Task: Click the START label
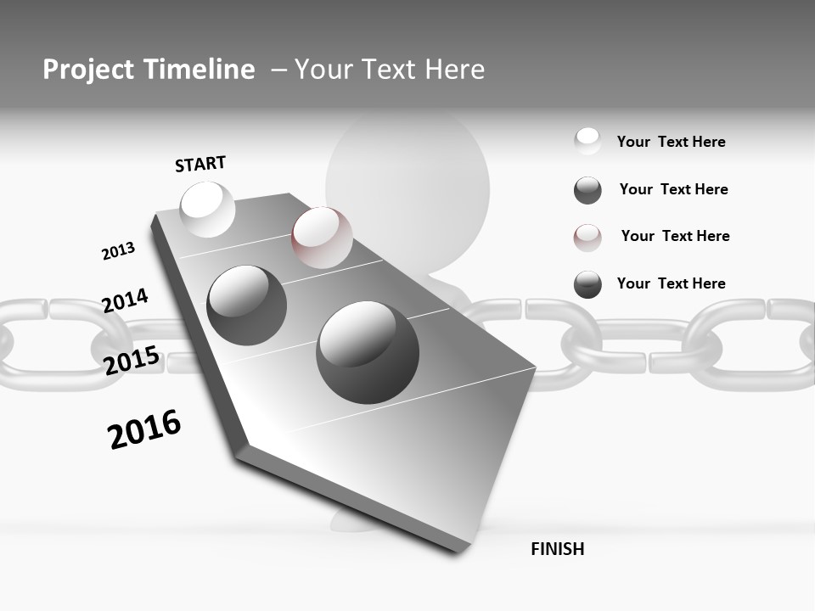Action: (200, 164)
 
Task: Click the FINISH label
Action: (557, 549)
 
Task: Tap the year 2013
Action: (118, 251)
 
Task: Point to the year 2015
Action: (132, 361)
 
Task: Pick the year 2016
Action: (144, 429)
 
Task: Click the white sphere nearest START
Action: (207, 209)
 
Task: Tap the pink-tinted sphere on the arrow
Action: (322, 238)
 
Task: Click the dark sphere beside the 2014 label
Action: (247, 305)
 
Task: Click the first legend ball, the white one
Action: (587, 142)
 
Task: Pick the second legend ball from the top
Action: (587, 190)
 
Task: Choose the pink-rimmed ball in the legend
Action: (587, 238)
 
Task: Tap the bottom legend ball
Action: (587, 284)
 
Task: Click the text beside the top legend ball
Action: (671, 142)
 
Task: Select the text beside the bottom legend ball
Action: (671, 283)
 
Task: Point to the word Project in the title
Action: (88, 70)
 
